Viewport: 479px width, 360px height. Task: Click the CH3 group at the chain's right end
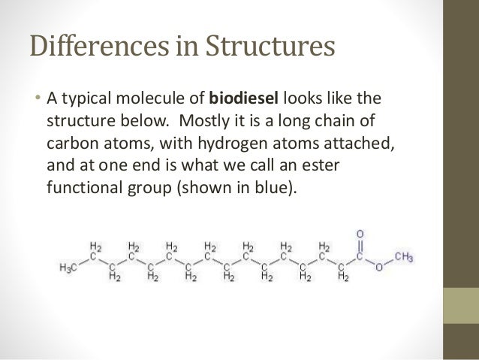coord(402,258)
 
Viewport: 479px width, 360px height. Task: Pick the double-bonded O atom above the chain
coord(360,234)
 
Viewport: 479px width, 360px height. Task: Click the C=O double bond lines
coord(360,245)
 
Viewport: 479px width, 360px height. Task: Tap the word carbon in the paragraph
coord(71,143)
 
